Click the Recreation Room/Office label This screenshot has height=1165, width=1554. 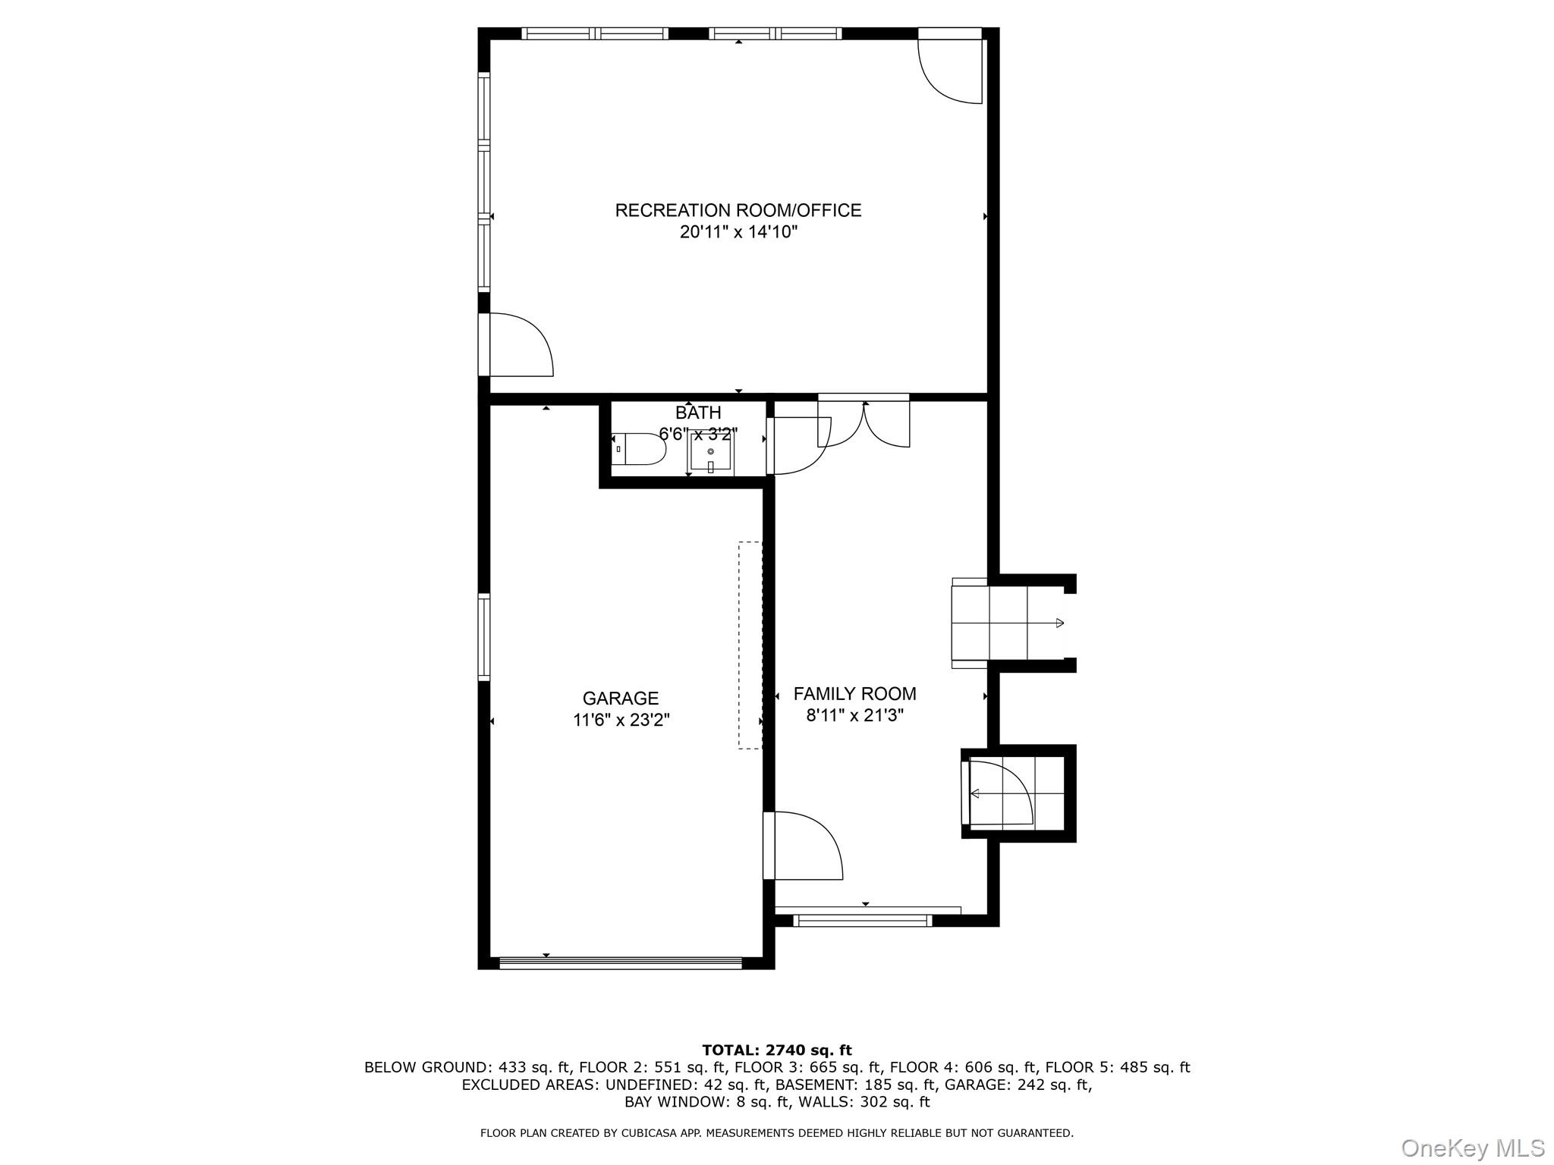pos(738,210)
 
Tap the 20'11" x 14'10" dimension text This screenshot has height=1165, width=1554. pos(738,232)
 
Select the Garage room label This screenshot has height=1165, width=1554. pos(620,698)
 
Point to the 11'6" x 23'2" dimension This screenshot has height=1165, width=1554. pos(620,720)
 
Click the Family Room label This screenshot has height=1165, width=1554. pos(854,693)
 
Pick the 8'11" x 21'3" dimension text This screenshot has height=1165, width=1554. pos(854,715)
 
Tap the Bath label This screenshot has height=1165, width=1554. pos(697,413)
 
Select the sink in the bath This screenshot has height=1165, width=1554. pos(710,454)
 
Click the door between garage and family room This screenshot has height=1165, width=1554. pos(804,845)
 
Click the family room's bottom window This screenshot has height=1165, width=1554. pos(862,920)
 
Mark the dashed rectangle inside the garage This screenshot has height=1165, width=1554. pos(750,645)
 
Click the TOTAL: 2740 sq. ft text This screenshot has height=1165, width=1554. pos(776,1050)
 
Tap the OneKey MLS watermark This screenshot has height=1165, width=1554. pos(1472,1148)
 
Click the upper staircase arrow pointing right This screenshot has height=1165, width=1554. pos(1059,623)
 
